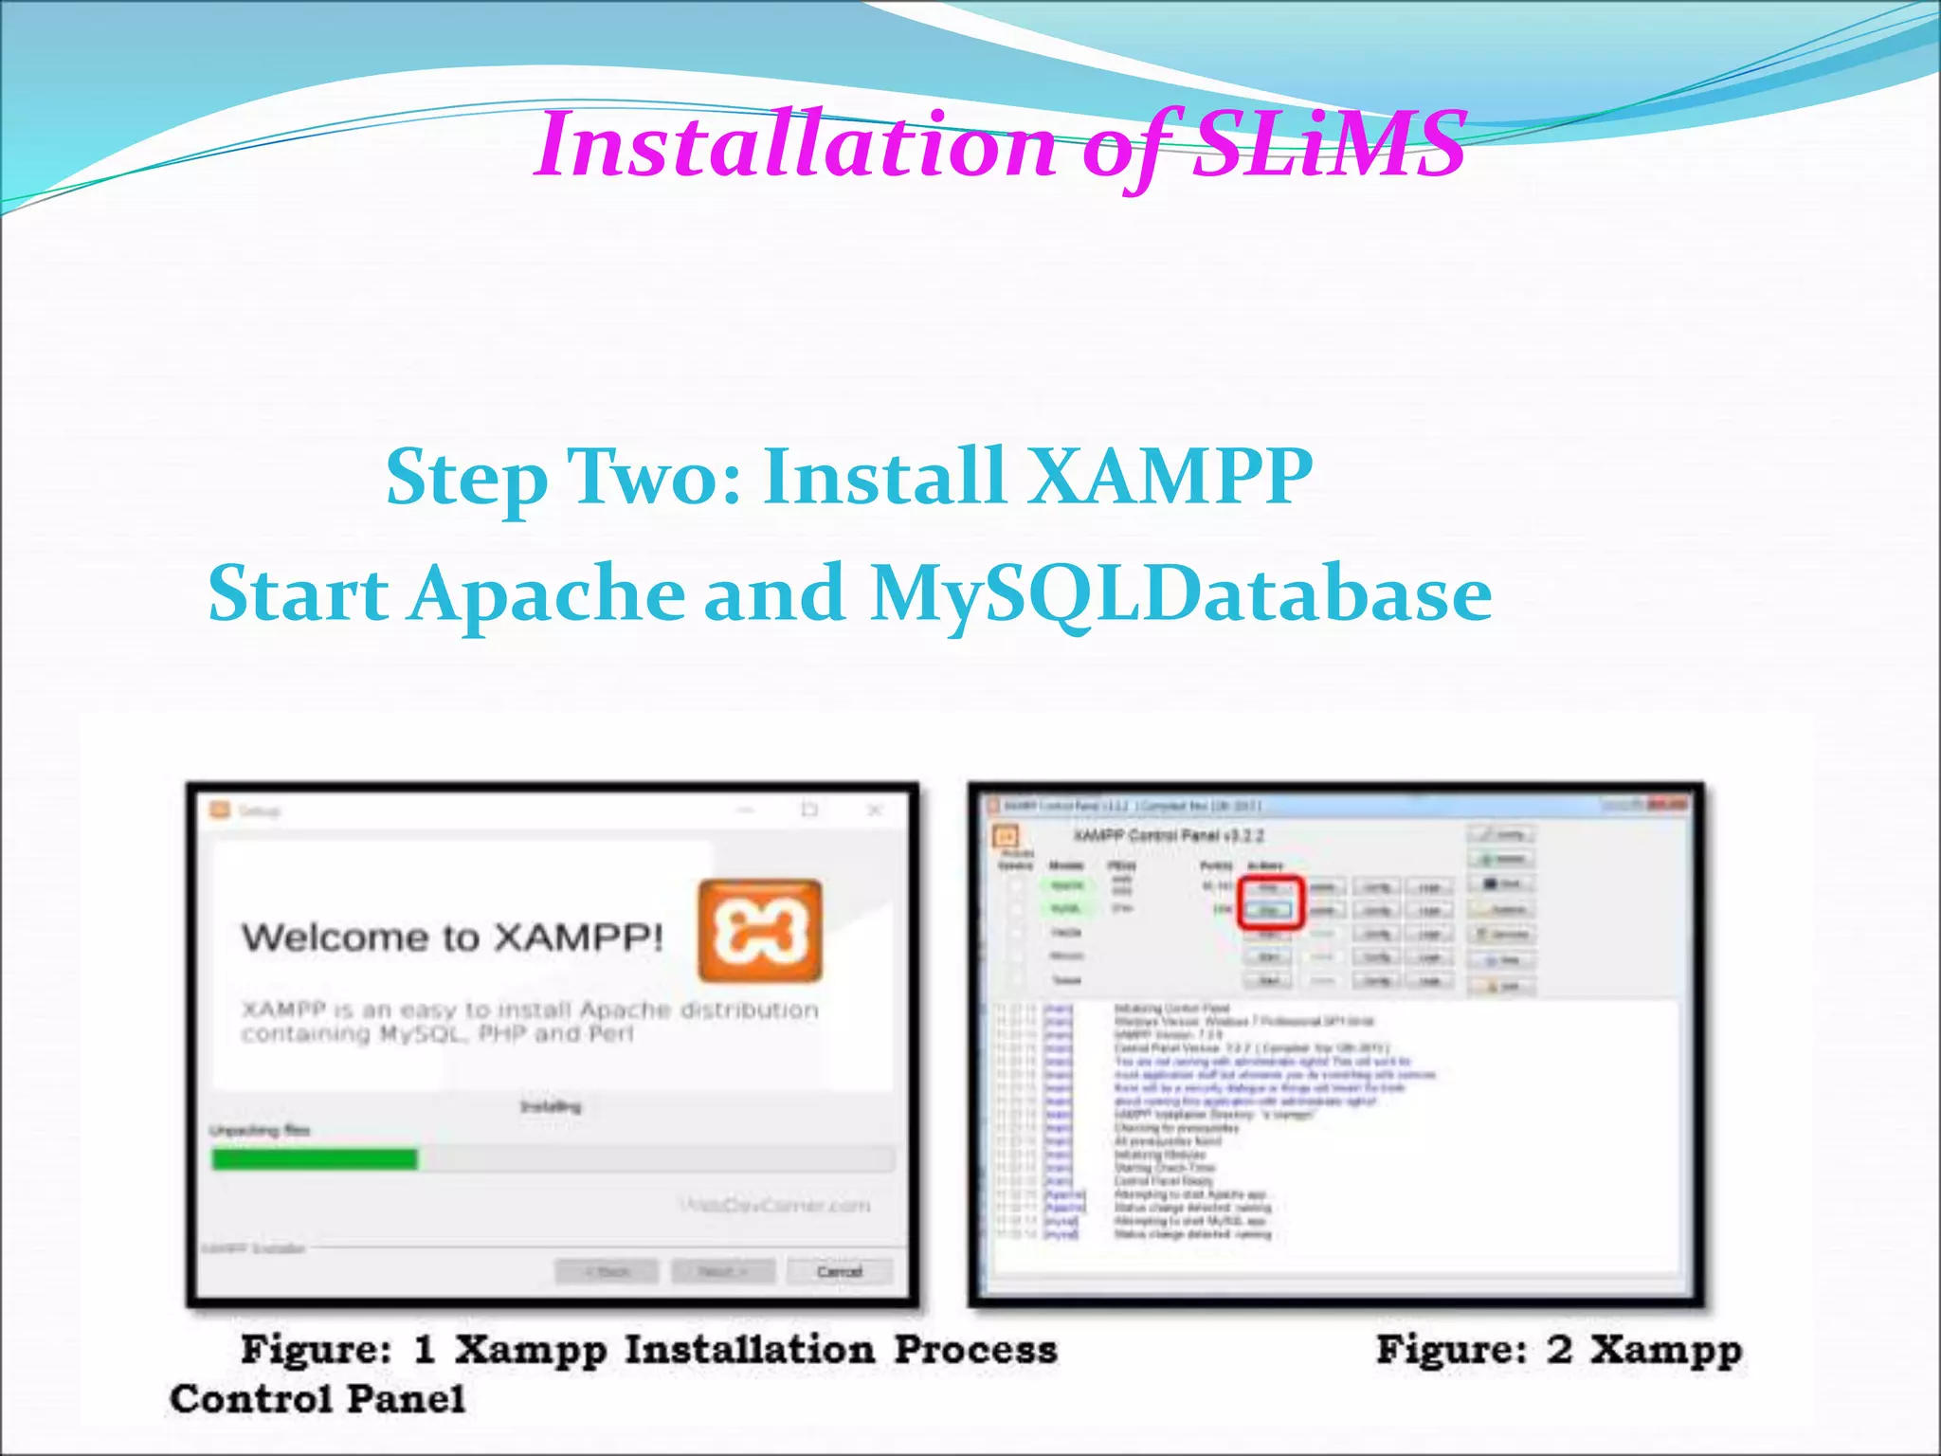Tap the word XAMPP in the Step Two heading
click(1170, 477)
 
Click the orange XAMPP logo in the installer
click(760, 930)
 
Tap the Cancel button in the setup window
click(839, 1271)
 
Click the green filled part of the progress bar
click(315, 1158)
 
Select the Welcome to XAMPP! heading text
click(452, 937)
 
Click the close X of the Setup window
click(875, 810)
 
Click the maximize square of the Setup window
click(809, 810)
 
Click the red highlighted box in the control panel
click(1271, 901)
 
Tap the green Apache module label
click(1067, 885)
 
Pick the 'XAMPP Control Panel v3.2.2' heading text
click(1168, 836)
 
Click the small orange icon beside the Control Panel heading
click(1005, 836)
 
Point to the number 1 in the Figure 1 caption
click(424, 1350)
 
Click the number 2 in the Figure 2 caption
click(1559, 1350)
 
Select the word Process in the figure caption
click(975, 1350)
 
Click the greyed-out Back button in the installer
click(607, 1271)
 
